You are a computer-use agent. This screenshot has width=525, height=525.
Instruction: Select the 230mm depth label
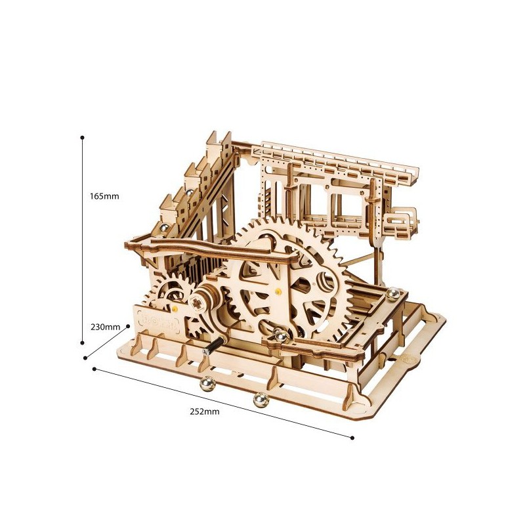[x=104, y=326]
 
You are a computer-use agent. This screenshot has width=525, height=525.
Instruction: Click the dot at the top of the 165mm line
[x=82, y=138]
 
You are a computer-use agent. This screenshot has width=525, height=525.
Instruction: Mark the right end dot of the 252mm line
[x=352, y=437]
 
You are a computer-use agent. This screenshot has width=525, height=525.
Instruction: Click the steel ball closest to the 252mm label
[x=260, y=398]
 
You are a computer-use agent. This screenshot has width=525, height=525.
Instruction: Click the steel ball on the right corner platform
[x=395, y=293]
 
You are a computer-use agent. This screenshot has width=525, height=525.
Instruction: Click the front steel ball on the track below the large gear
[x=280, y=335]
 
